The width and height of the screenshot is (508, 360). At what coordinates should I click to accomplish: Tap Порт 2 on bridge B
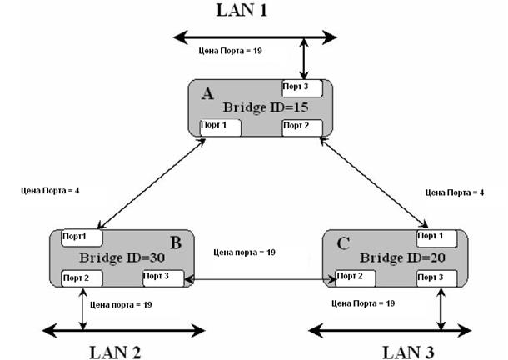[81, 277]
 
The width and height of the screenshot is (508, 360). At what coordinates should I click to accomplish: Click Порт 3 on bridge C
[436, 277]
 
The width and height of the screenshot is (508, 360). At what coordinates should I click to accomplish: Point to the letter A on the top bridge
[207, 93]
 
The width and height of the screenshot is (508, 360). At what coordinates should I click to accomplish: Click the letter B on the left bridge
[175, 242]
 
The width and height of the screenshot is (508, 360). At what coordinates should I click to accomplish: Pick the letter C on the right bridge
[342, 242]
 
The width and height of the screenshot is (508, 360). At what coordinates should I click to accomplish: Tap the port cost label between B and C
[244, 251]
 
